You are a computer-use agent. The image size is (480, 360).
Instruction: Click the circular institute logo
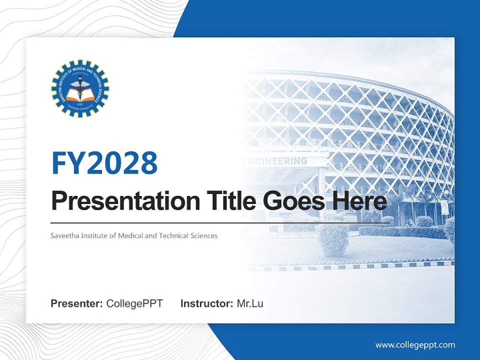coord(80,88)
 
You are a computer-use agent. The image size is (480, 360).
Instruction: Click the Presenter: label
coord(77,303)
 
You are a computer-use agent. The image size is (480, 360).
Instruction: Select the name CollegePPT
coord(134,303)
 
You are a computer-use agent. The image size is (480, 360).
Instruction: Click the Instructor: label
coord(206,303)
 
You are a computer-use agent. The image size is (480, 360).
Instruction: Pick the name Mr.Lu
coord(250,303)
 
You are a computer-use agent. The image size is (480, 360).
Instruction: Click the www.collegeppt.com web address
coord(415,344)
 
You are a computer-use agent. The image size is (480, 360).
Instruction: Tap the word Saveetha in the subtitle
coord(64,235)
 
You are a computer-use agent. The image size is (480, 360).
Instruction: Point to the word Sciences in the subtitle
coord(204,235)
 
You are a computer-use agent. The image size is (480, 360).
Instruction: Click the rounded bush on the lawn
coord(333,240)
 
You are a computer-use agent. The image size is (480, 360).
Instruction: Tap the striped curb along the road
coord(350,266)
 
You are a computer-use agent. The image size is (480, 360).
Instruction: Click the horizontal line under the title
coord(220,223)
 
